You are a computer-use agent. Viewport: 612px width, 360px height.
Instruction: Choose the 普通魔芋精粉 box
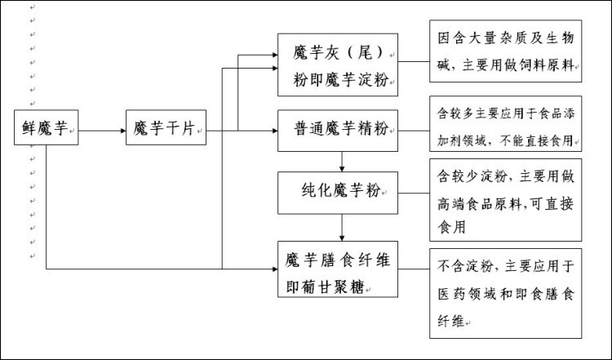338,129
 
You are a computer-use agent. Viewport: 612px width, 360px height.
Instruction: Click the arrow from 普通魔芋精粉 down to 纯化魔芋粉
342,161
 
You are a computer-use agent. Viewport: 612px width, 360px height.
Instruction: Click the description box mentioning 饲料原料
506,51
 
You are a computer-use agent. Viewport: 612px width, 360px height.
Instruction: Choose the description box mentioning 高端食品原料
506,200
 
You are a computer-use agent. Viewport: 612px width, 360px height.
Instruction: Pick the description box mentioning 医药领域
506,292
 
